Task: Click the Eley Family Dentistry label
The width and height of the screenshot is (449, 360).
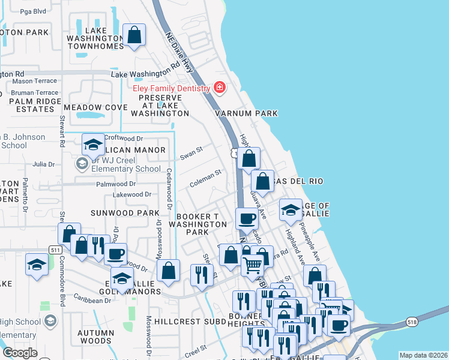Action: (x=171, y=88)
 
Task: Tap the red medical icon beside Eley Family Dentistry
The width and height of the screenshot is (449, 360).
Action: (x=220, y=88)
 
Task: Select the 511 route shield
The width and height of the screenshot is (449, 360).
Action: (x=56, y=249)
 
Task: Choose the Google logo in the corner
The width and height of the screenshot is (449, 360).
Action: (x=20, y=353)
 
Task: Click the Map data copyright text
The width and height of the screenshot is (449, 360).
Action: (x=423, y=355)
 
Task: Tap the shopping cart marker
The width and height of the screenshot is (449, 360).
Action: (x=253, y=263)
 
